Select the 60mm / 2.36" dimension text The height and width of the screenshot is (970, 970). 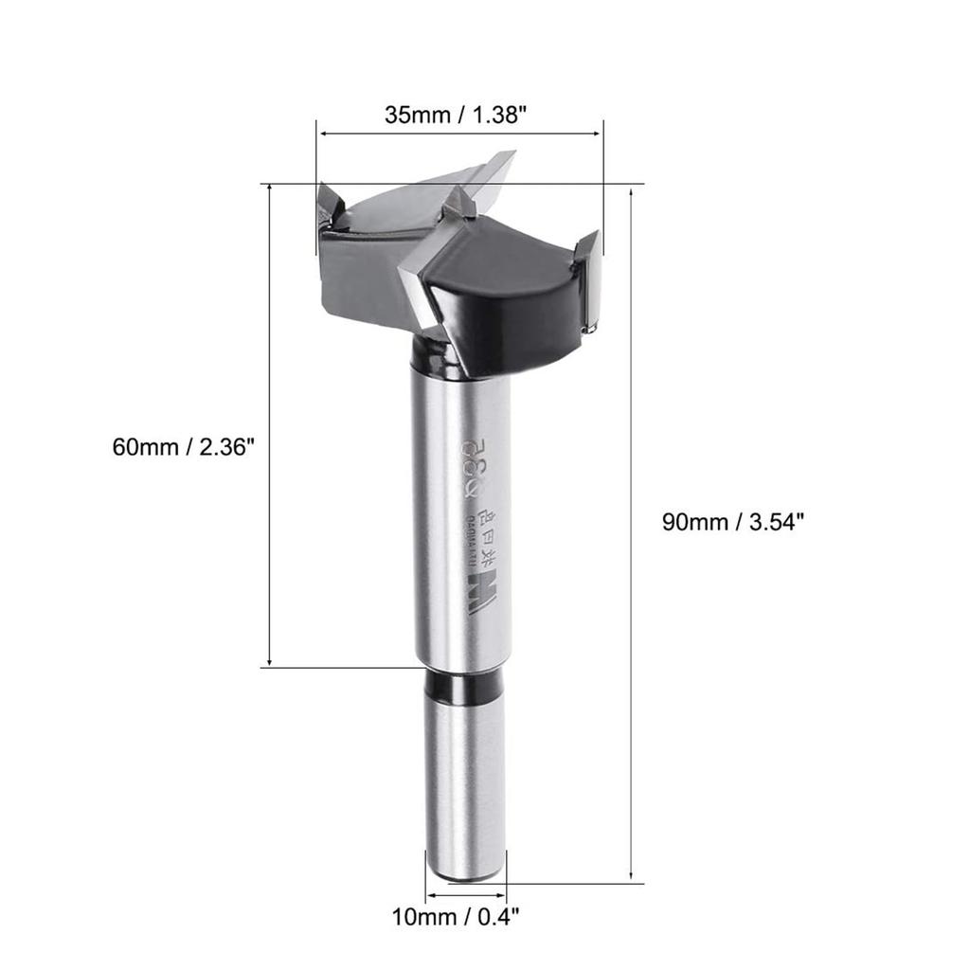[x=185, y=446]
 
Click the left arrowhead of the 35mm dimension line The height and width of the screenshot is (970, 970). [x=323, y=135]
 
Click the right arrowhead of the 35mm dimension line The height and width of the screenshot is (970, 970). [x=599, y=135]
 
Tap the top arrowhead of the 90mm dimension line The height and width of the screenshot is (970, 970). [x=631, y=189]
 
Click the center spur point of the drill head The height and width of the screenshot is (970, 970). [x=460, y=201]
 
